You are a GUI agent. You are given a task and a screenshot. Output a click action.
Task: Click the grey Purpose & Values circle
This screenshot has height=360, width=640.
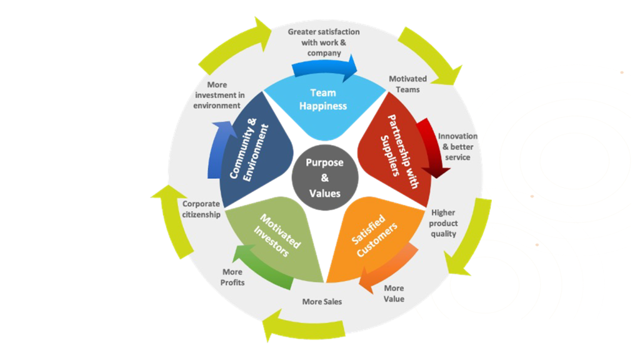326,177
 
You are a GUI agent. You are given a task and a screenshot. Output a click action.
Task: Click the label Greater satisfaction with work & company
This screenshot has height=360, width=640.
324,42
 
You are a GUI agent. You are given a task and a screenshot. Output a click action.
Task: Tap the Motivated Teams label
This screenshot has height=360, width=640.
407,84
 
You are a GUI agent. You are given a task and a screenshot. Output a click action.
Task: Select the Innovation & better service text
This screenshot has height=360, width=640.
457,146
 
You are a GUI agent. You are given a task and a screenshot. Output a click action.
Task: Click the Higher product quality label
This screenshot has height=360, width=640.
443,223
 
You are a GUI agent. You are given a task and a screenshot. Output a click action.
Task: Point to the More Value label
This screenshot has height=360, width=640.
394,293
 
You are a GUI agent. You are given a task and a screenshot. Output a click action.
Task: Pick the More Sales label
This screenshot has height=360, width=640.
322,302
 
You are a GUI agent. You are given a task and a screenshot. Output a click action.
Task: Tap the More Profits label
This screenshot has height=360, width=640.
233,277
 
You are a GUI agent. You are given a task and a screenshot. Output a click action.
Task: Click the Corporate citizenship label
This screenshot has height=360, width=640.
201,209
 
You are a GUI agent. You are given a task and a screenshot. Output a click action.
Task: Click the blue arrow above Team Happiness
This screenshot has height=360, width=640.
325,66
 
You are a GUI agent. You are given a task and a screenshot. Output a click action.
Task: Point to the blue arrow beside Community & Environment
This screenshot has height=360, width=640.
216,150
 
